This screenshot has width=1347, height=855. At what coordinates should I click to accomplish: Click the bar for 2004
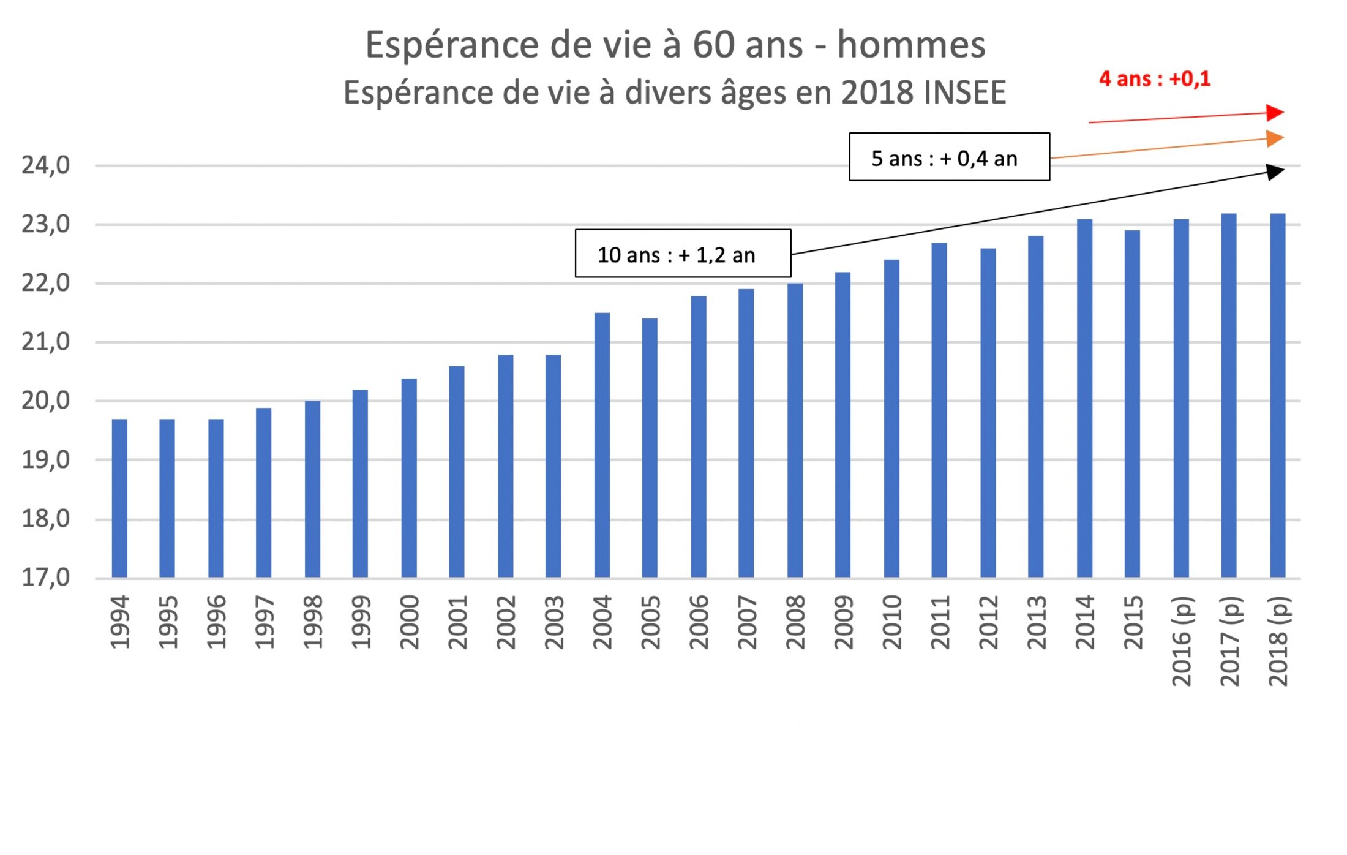[602, 445]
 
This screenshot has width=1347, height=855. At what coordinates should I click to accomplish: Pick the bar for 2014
[1084, 398]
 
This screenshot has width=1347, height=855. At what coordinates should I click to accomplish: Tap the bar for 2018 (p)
[1277, 396]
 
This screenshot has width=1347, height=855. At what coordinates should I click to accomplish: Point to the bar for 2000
[409, 478]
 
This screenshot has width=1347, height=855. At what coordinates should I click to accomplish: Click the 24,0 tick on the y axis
[46, 165]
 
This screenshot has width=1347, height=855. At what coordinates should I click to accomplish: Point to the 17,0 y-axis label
[46, 577]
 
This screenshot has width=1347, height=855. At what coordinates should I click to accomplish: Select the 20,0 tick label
[46, 401]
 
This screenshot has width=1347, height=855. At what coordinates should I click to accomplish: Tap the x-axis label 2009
[843, 622]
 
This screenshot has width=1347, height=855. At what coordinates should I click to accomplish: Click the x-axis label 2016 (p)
[1182, 641]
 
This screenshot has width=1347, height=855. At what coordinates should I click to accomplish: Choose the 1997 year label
[264, 622]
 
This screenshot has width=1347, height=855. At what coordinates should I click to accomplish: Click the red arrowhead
[1274, 113]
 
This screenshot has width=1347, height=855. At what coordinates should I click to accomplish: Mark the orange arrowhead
[1274, 138]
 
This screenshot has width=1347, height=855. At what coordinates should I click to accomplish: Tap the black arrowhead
[1274, 171]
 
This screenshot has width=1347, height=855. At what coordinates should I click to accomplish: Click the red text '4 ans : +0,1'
[1155, 79]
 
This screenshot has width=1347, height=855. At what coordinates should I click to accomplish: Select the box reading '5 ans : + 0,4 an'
[949, 157]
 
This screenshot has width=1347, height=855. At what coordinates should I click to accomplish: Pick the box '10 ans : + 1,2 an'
[683, 254]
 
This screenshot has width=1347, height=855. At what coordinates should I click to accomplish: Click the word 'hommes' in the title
[911, 45]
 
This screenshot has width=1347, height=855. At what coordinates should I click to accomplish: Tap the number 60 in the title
[713, 45]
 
